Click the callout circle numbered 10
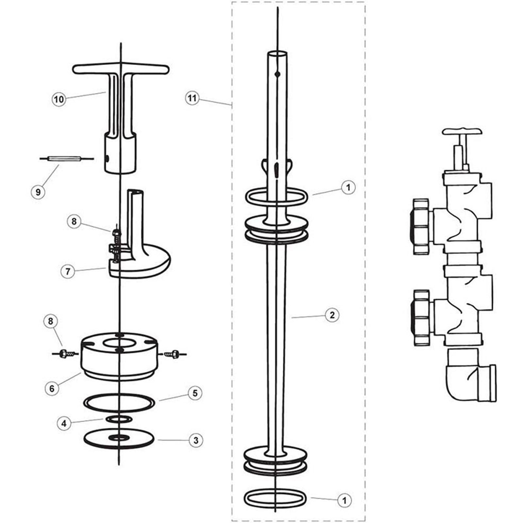point(59,99)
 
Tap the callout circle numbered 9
point(38,192)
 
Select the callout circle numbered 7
point(68,272)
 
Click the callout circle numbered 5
point(195,393)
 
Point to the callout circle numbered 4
point(64,424)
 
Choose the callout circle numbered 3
point(196,440)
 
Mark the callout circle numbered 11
point(192,98)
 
